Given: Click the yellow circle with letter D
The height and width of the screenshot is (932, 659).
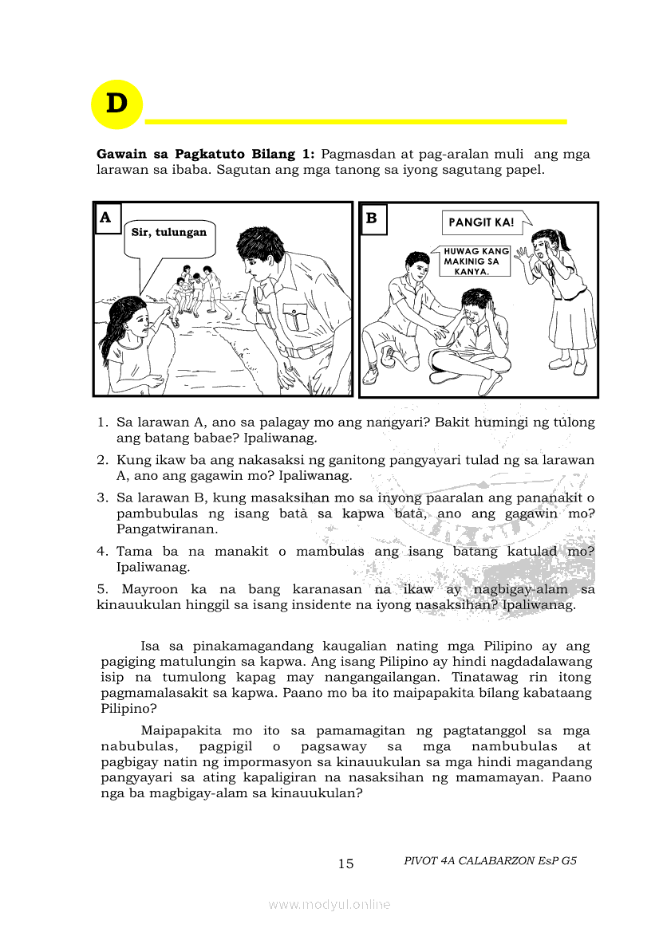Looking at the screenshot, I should click(116, 104).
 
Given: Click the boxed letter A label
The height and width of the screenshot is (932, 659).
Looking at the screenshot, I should click(108, 218).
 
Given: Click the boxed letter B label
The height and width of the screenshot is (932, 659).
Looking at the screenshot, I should click(373, 218).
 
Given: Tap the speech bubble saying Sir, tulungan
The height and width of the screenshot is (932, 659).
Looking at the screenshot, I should click(168, 234).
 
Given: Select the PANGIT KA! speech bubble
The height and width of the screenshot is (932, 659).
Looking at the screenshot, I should click(481, 222).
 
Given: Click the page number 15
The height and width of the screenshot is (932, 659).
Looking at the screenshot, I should click(345, 863).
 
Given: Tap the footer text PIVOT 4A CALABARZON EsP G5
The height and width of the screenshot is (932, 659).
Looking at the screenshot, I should click(490, 861).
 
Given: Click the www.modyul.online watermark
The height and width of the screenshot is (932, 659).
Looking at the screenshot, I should click(329, 904).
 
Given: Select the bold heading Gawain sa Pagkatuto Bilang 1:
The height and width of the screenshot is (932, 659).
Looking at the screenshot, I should click(207, 154).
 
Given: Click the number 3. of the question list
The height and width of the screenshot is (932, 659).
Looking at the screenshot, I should click(102, 498).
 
